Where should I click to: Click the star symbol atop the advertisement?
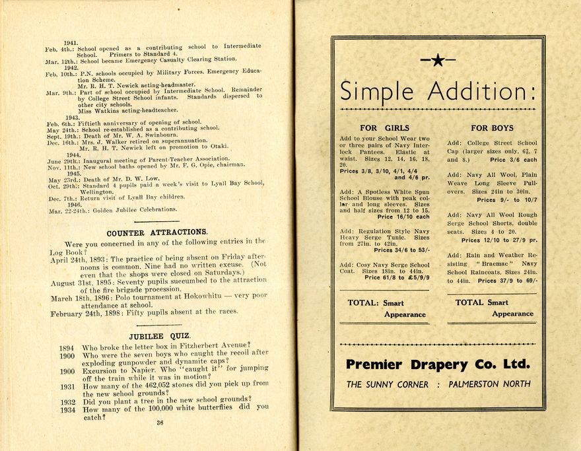(x=438, y=61)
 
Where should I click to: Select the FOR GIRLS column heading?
(x=384, y=127)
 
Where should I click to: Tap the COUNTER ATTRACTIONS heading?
(x=157, y=232)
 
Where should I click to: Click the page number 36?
(x=159, y=423)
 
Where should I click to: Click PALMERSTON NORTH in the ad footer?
(x=489, y=384)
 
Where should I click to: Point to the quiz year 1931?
(x=67, y=387)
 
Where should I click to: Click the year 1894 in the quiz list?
(x=67, y=347)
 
